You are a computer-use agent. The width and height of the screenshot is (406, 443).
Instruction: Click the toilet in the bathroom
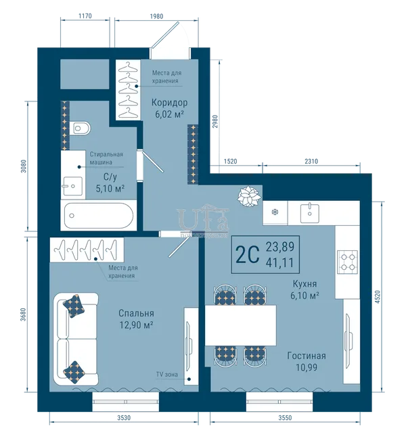coord(81,129)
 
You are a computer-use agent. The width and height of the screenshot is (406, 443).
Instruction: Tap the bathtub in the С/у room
coord(99,215)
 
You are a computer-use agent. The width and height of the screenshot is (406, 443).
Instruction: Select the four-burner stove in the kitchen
coord(348,262)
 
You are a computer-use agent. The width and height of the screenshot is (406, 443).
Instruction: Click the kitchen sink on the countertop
coord(310,213)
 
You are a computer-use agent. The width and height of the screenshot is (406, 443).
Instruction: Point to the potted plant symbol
coord(249,196)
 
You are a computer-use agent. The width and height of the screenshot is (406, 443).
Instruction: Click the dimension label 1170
coord(85,16)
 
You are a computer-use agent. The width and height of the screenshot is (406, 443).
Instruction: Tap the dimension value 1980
coord(156,16)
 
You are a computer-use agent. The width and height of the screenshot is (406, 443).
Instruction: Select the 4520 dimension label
coord(378,297)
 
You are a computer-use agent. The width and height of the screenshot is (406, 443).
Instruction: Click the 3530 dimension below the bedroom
coord(124,417)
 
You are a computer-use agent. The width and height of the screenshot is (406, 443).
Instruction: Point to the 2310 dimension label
coord(311,162)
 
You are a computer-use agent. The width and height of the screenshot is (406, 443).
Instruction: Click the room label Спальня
coord(136,313)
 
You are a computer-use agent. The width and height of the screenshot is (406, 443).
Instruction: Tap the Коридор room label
coord(169,102)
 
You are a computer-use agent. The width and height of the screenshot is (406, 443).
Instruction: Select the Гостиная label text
coord(307,356)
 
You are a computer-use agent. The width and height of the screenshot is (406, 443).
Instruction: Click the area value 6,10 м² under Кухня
coord(304,296)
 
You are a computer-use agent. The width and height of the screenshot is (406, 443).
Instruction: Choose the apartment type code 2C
coord(248,254)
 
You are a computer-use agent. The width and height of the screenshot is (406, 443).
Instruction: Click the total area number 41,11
coord(280,262)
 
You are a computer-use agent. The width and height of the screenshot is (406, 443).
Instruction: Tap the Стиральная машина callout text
coord(106,158)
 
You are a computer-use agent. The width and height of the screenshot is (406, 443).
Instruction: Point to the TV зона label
coord(167,375)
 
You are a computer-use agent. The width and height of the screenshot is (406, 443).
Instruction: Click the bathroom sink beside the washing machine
coord(72,186)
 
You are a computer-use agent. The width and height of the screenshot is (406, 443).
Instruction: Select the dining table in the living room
coord(240,325)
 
